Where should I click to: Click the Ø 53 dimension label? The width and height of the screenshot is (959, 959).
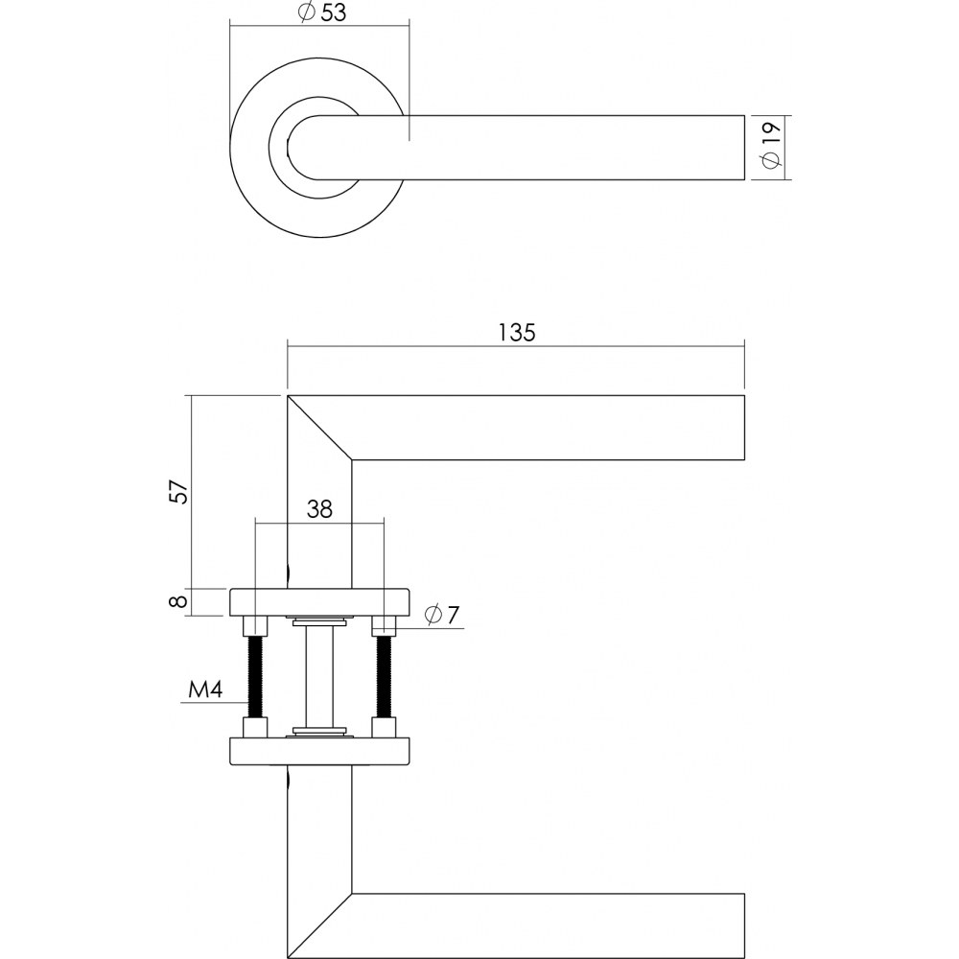tap(322, 12)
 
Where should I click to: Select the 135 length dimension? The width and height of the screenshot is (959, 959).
tap(517, 333)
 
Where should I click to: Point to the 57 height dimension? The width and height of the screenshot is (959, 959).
tap(178, 491)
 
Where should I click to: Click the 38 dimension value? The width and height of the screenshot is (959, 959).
tap(319, 508)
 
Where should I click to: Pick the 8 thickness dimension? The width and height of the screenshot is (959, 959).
tap(178, 602)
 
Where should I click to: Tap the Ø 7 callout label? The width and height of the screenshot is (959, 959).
tap(441, 614)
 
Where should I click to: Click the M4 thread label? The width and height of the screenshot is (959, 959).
tap(205, 690)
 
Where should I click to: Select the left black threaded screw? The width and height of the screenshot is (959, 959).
tap(255, 677)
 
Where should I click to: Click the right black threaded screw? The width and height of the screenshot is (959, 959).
tap(385, 677)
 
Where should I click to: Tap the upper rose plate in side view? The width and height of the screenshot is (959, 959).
tap(319, 602)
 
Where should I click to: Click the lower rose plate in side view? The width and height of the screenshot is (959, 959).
tap(319, 751)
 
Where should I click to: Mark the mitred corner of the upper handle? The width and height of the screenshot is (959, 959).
tap(319, 428)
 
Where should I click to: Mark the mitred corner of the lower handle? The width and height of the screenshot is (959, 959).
tap(319, 926)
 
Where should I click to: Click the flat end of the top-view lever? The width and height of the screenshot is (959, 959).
tap(744, 148)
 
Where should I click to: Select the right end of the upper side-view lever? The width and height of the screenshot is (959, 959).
tap(744, 428)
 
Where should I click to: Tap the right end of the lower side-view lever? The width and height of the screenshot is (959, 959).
tap(744, 926)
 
